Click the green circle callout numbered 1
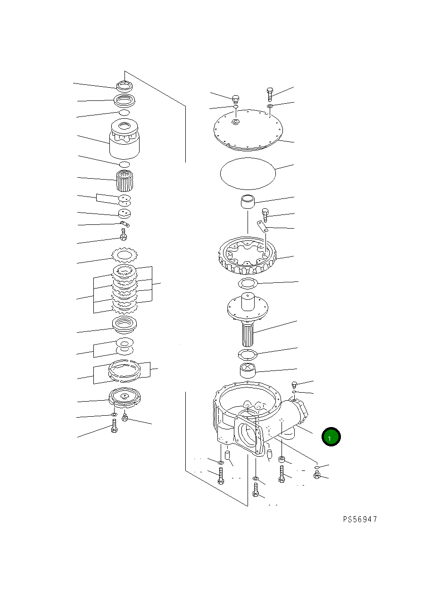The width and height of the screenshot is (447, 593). coord(331,437)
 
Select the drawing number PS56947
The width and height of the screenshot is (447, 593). coord(360,519)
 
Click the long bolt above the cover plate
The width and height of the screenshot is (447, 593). coord(270,94)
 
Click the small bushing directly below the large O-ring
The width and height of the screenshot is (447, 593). coord(248,202)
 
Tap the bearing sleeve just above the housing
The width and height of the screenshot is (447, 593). coord(248,370)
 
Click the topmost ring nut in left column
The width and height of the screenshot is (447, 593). coord(124,86)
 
